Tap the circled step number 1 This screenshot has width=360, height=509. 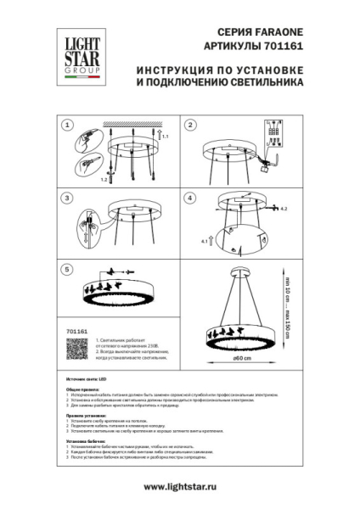[x=66, y=126]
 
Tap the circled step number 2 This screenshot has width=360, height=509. [x=191, y=126]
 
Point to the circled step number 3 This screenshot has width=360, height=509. [x=66, y=197]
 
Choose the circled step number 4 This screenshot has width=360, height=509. [x=191, y=197]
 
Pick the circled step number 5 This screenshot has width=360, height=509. [x=66, y=269]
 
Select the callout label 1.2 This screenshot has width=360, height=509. [x=104, y=180]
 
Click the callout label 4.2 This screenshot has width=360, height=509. [x=285, y=208]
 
